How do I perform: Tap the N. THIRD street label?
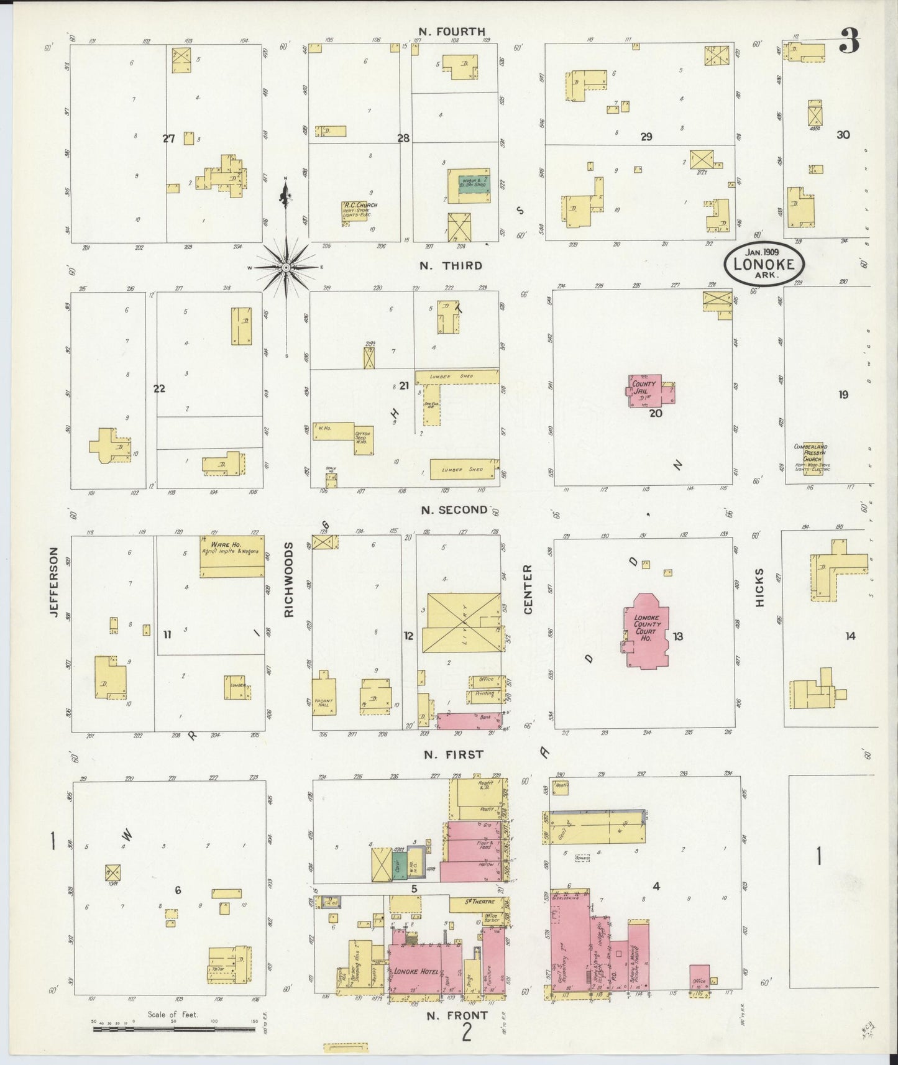point(451,265)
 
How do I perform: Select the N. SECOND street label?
point(454,510)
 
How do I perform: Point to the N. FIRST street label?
point(453,754)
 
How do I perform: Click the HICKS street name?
point(759,587)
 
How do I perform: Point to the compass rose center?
point(285,267)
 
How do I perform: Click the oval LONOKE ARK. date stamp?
point(764,263)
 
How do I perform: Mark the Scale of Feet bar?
point(174,1029)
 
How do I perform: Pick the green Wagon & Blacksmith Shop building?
point(469,183)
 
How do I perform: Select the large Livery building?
point(462,623)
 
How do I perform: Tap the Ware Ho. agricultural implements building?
point(232,557)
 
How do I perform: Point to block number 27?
point(169,139)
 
